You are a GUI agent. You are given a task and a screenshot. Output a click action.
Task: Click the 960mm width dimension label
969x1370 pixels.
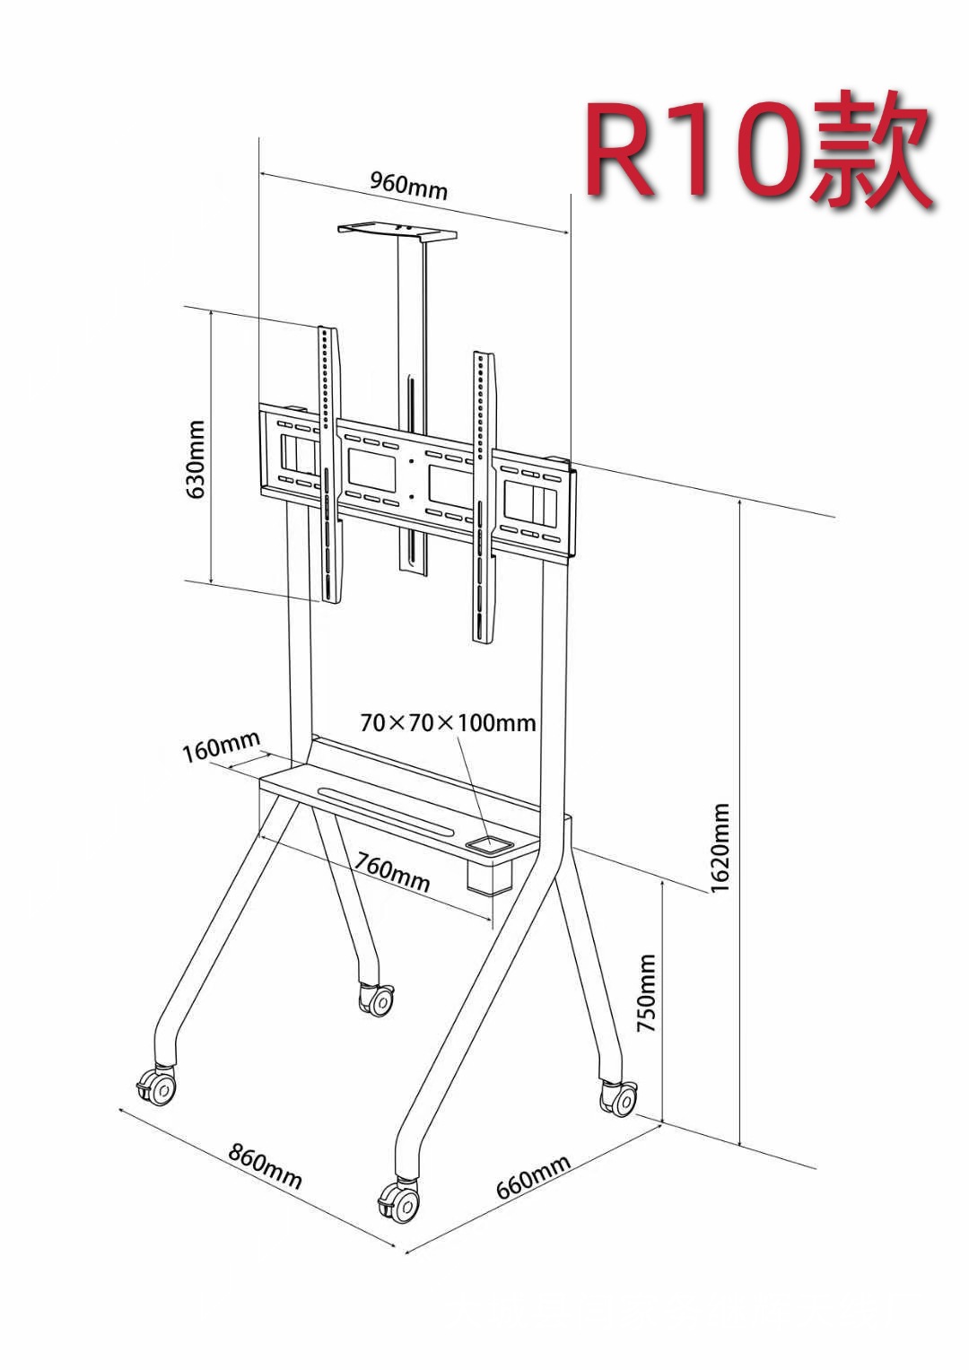(408, 185)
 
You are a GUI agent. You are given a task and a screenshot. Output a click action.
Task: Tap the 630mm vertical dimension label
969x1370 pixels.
(196, 458)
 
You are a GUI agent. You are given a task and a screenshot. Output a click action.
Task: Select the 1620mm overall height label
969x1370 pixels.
(720, 848)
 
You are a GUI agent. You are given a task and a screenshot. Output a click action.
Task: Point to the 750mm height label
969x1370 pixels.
(646, 992)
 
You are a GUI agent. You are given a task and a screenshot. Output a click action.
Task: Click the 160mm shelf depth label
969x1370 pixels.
(222, 746)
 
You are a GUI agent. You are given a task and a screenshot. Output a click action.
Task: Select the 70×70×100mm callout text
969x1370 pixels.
(448, 723)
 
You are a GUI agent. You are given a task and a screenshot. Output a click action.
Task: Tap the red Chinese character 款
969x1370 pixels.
(870, 149)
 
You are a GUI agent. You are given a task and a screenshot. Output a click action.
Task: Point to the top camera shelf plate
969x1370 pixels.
(397, 232)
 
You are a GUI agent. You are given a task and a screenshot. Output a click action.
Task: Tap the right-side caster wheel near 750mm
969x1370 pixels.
(619, 1098)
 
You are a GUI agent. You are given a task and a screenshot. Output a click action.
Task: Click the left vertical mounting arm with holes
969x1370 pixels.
(330, 465)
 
